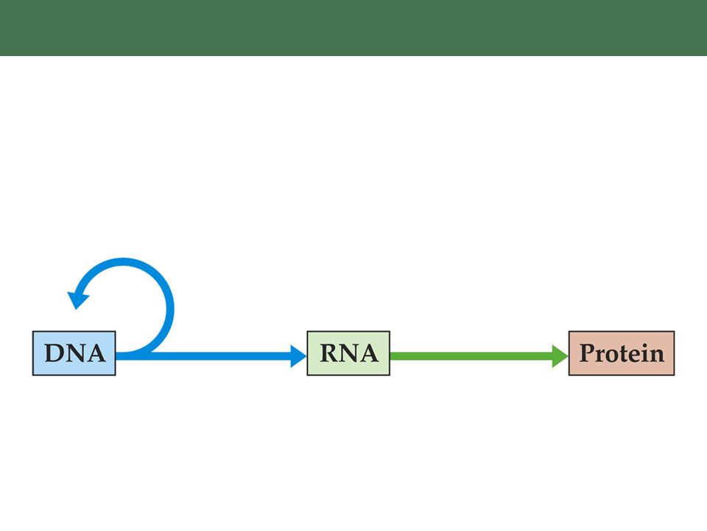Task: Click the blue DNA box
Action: (74, 353)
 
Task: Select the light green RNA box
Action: (348, 353)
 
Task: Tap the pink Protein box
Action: (622, 353)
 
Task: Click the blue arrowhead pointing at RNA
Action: (298, 355)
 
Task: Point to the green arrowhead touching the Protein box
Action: (560, 355)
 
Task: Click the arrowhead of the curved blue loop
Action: (77, 299)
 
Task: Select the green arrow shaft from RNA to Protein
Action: (471, 355)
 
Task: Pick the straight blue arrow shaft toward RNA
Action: (203, 355)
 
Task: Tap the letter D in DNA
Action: (54, 353)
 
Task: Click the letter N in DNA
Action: (76, 353)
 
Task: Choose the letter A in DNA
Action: (96, 353)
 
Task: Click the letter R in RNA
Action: (329, 353)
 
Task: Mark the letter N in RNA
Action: (349, 353)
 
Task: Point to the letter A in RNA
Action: (369, 353)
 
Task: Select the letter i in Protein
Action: (645, 353)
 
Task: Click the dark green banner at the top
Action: (353, 28)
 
